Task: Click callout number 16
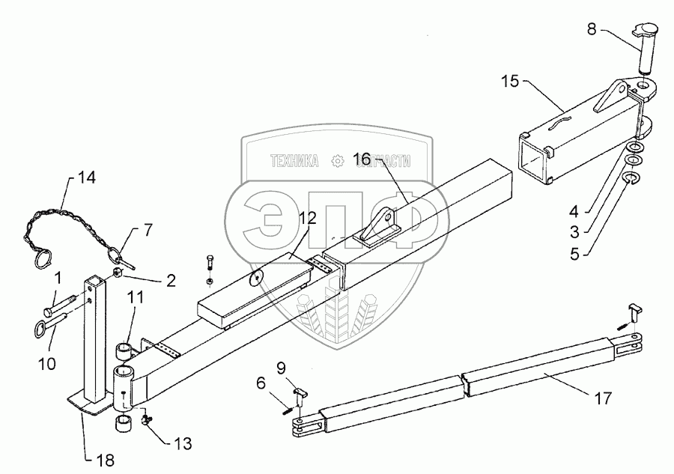click(x=362, y=159)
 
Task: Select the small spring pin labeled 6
click(x=287, y=407)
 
